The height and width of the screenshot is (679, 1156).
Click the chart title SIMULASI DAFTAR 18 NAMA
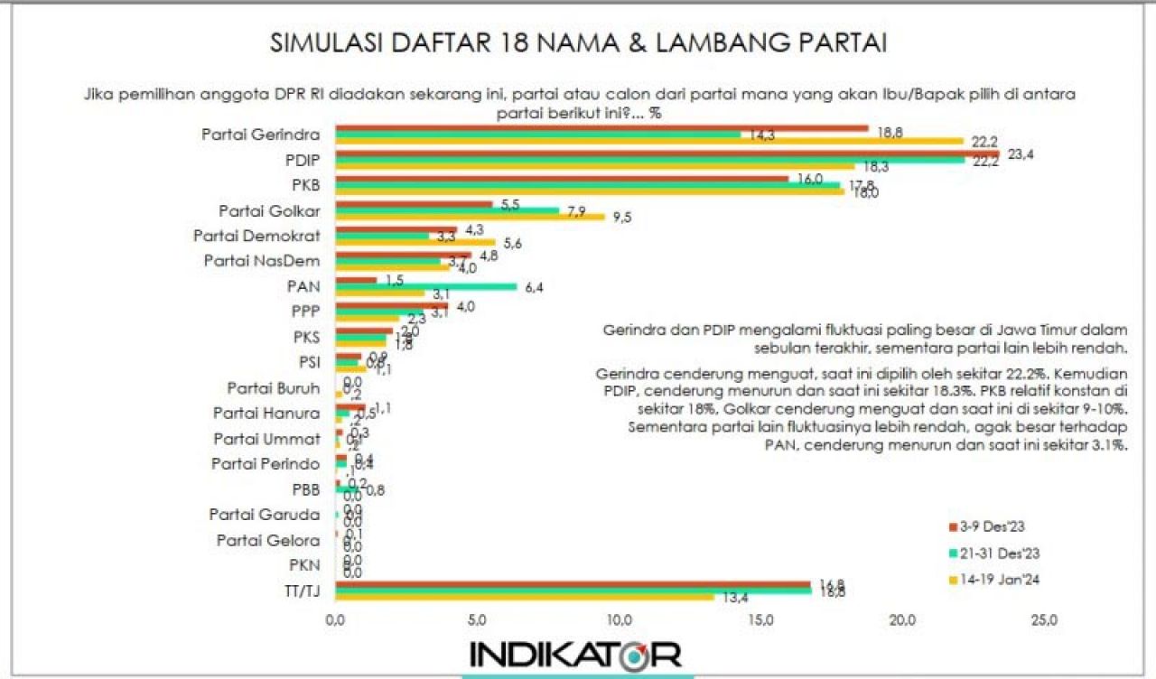pyautogui.click(x=578, y=44)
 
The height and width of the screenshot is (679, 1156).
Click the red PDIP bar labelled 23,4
pyautogui.click(x=668, y=153)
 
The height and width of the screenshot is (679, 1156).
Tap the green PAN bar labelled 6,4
pyautogui.click(x=425, y=287)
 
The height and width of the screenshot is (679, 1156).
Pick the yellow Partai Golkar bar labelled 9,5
pyautogui.click(x=470, y=217)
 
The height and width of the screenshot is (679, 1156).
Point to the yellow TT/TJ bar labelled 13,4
pyautogui.click(x=525, y=597)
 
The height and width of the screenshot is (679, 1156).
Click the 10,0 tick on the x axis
pyautogui.click(x=619, y=621)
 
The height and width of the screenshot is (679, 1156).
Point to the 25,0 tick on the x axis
pyautogui.click(x=1045, y=621)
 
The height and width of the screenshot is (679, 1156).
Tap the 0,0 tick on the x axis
pyautogui.click(x=335, y=621)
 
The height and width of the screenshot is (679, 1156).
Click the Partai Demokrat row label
pyautogui.click(x=256, y=236)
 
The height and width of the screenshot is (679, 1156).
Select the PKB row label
pyautogui.click(x=303, y=185)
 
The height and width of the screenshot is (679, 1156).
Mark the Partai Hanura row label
pyautogui.click(x=266, y=414)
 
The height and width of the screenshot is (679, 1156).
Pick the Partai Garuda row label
pyautogui.click(x=264, y=515)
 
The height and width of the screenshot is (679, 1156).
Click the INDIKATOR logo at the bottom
pyautogui.click(x=575, y=653)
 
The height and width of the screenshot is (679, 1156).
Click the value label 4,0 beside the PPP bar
pyautogui.click(x=466, y=306)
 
